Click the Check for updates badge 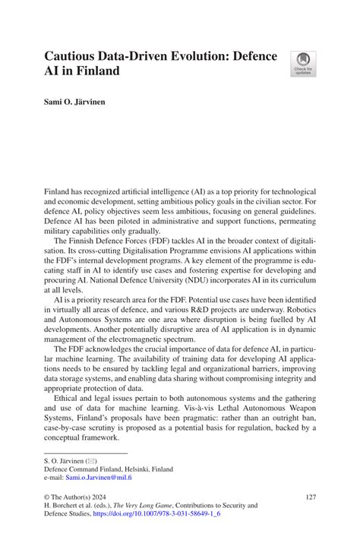[303, 63]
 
